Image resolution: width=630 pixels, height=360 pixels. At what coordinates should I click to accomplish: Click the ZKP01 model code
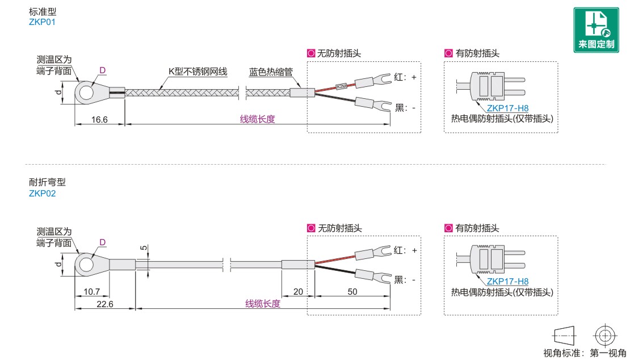click(x=42, y=22)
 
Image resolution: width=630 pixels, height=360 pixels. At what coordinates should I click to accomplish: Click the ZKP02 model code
click(x=42, y=194)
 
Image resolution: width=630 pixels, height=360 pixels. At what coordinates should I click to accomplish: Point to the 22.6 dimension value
click(x=105, y=304)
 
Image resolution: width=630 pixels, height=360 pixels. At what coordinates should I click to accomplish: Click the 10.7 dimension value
click(x=91, y=291)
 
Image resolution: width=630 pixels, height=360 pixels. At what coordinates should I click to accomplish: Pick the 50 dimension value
click(x=352, y=291)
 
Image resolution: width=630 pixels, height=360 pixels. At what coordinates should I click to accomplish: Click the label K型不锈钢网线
click(x=198, y=72)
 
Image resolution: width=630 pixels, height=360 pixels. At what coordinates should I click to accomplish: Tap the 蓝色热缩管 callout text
click(x=271, y=72)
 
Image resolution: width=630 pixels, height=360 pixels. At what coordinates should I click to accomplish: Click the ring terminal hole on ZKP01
click(x=86, y=91)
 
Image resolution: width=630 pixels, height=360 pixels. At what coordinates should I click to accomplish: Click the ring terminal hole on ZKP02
click(x=86, y=264)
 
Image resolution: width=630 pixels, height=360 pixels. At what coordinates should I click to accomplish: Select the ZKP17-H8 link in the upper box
click(x=507, y=108)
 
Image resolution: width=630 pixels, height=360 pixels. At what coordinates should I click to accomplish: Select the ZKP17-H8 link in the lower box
click(x=507, y=281)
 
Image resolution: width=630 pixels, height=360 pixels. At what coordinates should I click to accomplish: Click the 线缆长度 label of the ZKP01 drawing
click(x=257, y=119)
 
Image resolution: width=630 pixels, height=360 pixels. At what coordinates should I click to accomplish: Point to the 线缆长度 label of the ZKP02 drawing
click(x=263, y=304)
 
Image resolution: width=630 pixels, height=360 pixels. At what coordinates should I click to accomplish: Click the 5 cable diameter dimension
click(x=144, y=248)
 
